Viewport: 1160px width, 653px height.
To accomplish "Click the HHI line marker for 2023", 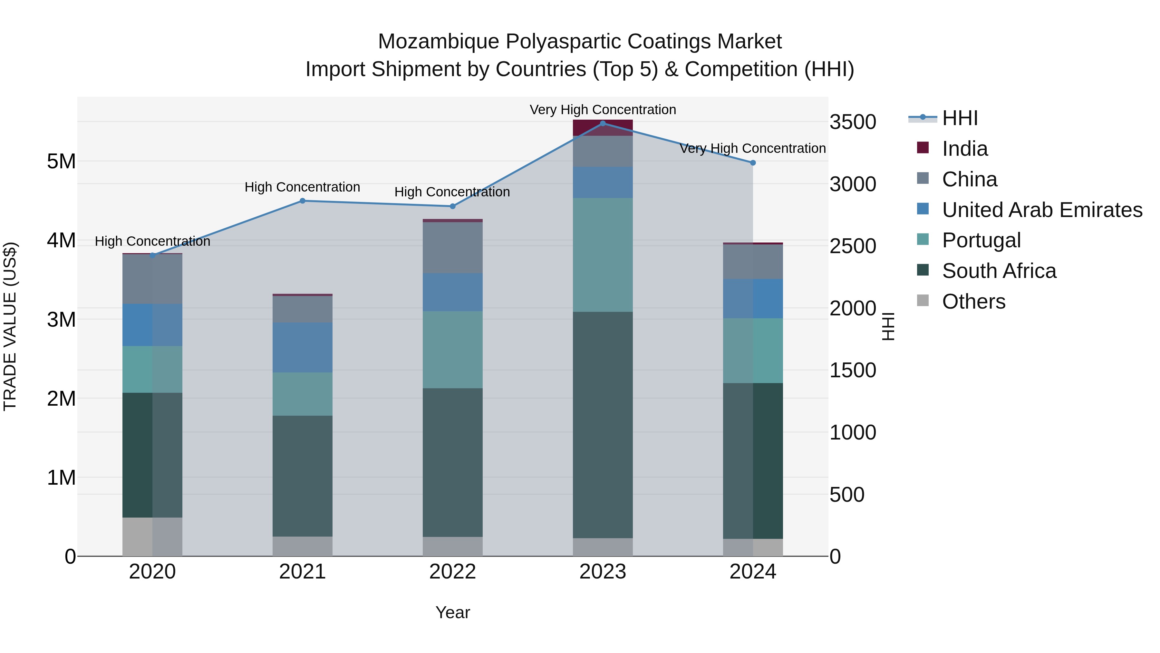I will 603,123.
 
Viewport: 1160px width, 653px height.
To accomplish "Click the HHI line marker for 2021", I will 303,201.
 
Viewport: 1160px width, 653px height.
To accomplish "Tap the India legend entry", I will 964,149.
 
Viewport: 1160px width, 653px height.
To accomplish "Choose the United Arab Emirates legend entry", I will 1041,210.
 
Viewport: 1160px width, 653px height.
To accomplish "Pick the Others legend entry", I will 973,302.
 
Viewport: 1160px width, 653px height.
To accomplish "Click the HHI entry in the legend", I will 959,118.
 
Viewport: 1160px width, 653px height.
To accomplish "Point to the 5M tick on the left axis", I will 61,161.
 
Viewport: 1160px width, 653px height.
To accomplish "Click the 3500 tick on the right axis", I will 852,122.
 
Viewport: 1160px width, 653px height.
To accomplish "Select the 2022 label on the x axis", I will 453,572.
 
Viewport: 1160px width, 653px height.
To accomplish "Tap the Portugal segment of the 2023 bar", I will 603,255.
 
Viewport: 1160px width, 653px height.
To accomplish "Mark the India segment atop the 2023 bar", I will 603,127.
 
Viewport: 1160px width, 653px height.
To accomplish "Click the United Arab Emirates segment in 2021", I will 303,347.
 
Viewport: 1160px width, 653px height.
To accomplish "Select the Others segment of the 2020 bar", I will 152,536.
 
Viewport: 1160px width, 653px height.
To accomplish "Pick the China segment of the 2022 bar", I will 453,247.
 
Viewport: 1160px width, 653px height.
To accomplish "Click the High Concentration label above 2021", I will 302,187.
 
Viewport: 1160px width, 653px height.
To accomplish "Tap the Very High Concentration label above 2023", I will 603,110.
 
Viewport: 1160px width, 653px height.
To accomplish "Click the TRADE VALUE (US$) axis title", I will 10,326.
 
